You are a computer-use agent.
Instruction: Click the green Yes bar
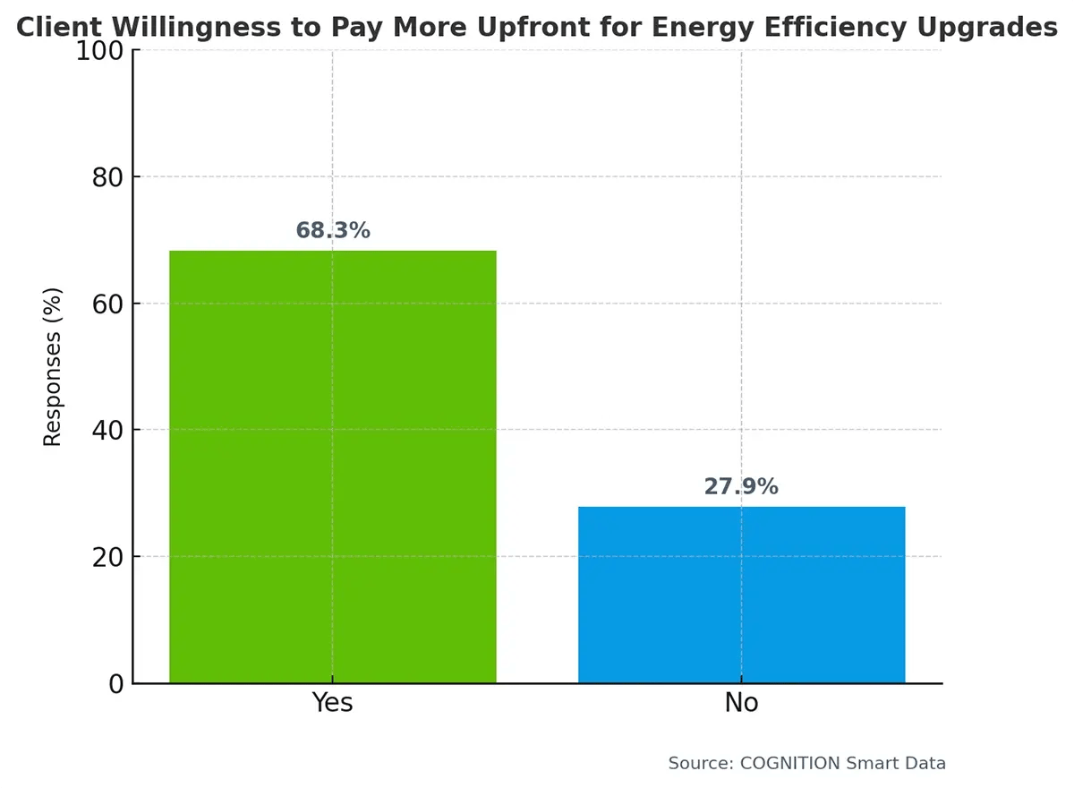[x=332, y=466]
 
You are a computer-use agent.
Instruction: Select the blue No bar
[x=741, y=595]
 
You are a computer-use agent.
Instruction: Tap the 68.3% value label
[x=332, y=230]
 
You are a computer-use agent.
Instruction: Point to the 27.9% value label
[x=741, y=486]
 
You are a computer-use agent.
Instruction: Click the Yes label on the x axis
[x=332, y=703]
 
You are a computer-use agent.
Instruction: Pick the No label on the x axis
[x=741, y=703]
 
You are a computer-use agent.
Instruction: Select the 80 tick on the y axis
[x=107, y=177]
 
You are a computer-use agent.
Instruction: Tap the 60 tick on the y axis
[x=107, y=304]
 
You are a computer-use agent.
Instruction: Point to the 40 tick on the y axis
[x=107, y=431]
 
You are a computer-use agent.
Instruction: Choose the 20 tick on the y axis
[x=107, y=557]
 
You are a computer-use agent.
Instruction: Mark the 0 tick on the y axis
[x=116, y=683]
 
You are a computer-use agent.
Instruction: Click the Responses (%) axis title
[x=54, y=367]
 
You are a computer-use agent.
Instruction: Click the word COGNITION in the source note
[x=789, y=763]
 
